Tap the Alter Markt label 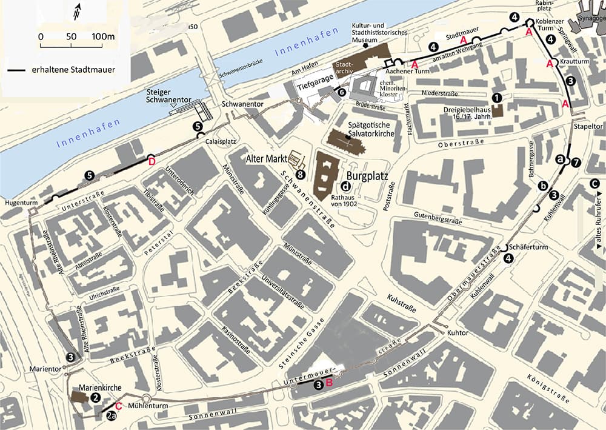266,159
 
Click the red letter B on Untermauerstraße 329,383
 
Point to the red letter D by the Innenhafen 151,161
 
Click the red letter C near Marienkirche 119,406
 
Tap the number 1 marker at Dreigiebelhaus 497,97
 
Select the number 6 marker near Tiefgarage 342,93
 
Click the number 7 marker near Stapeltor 576,162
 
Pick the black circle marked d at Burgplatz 345,186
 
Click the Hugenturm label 17,203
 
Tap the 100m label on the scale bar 104,37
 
